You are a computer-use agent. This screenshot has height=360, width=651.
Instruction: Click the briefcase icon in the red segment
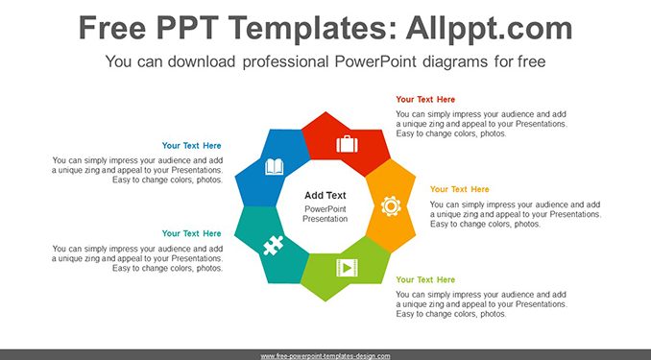coord(347,144)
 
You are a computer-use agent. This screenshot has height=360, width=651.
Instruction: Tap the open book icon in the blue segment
coord(274,167)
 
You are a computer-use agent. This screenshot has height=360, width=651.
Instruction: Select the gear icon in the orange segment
coord(391,206)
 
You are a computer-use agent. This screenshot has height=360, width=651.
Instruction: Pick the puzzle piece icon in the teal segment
coord(274,246)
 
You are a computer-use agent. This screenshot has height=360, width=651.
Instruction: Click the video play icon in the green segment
coord(347,268)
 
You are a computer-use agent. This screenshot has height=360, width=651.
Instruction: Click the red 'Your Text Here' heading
coord(425,100)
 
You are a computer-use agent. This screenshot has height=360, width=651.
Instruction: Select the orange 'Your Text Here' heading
coord(459,189)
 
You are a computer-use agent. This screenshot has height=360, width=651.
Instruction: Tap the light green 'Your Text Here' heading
coord(425,280)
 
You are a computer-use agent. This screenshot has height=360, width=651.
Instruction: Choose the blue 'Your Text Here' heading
coord(191,146)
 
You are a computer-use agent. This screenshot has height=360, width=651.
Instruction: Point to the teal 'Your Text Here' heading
coord(191,234)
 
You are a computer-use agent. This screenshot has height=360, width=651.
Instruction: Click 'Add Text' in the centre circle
coord(325,196)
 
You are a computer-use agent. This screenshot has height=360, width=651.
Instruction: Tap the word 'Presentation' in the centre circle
coord(325,219)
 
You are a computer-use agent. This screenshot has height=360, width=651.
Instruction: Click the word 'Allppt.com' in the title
coord(489,28)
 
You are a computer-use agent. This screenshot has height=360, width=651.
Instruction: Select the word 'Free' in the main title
coord(112,28)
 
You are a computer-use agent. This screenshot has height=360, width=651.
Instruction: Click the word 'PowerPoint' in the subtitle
coord(374,61)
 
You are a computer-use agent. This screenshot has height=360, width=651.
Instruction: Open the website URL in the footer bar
coord(325,356)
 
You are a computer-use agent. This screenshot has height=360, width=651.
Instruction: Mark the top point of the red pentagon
coord(325,111)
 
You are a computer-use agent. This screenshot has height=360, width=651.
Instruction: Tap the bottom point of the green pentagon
coord(325,301)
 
